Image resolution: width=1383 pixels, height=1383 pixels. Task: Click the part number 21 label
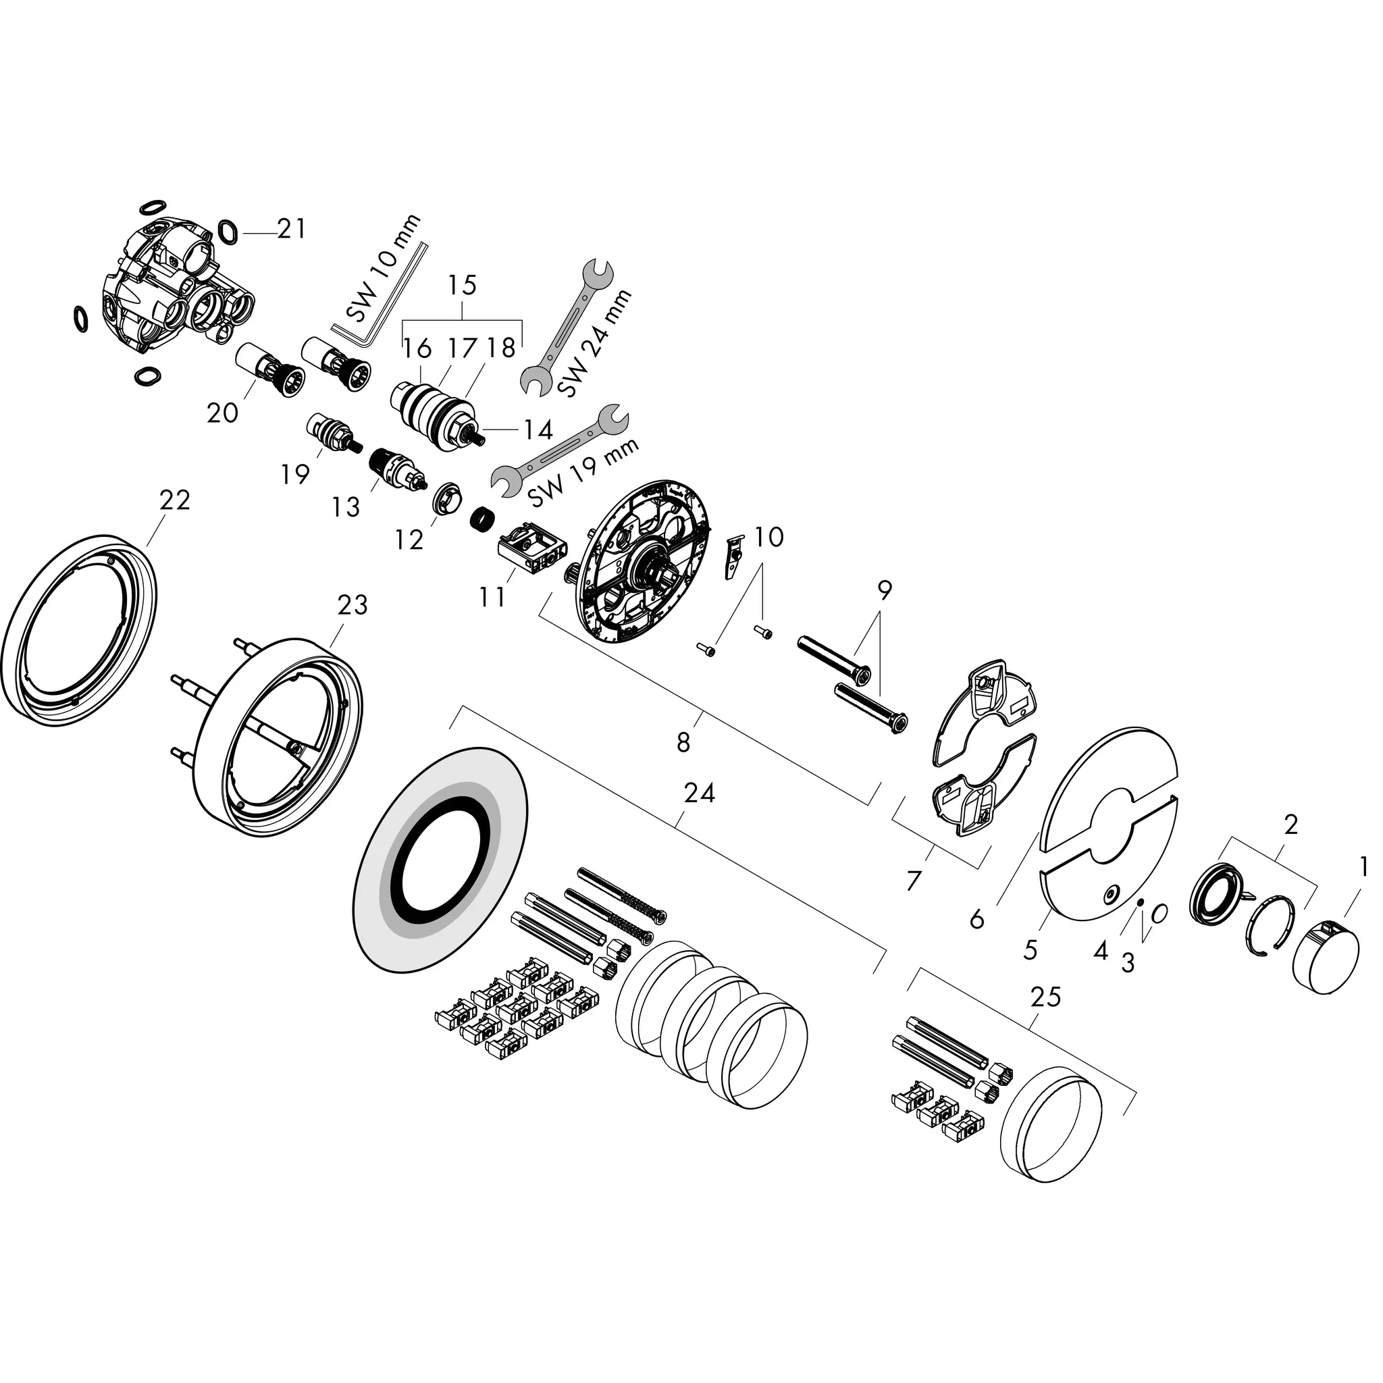click(x=291, y=230)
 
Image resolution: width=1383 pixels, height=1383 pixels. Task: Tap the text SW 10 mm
click(x=383, y=271)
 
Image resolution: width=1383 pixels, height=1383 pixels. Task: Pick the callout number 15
click(x=462, y=286)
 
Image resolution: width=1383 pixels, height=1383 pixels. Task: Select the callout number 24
click(x=700, y=793)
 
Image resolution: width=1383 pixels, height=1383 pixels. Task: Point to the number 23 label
click(x=353, y=606)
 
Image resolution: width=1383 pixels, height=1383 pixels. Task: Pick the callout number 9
click(x=884, y=592)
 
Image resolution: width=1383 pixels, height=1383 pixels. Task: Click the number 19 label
click(x=294, y=474)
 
